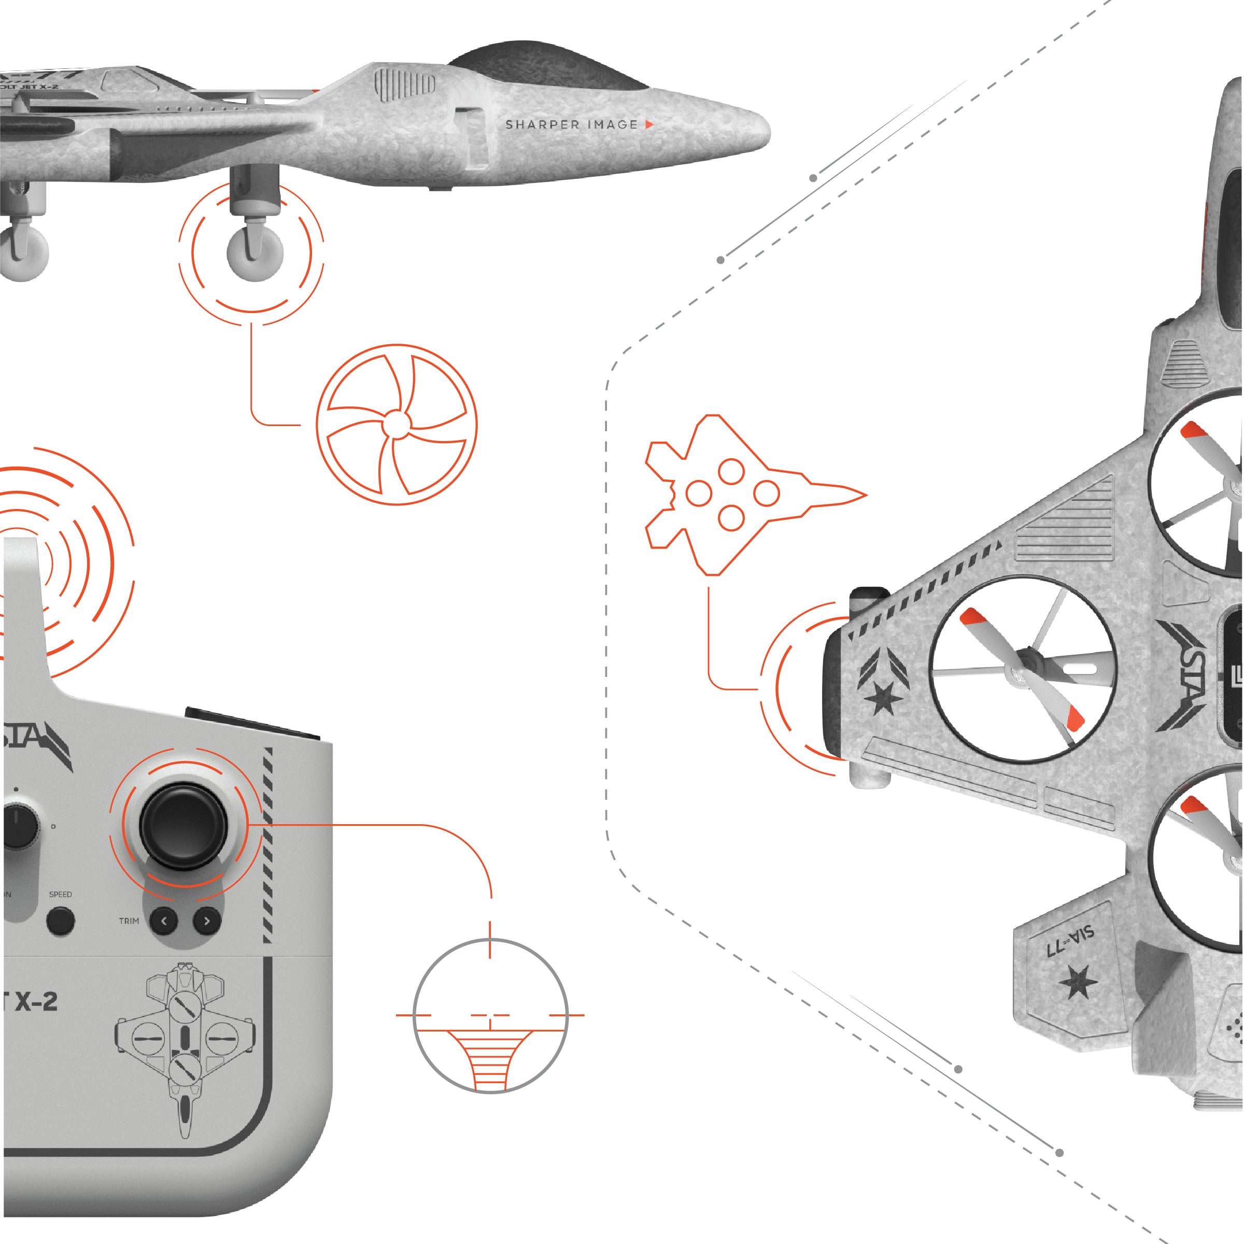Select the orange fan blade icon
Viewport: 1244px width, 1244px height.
point(397,425)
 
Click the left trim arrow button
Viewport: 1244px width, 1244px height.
point(164,922)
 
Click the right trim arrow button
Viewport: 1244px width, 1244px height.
point(207,922)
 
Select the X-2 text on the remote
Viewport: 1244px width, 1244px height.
point(32,1002)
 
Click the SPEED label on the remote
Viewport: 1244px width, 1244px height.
point(61,894)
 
